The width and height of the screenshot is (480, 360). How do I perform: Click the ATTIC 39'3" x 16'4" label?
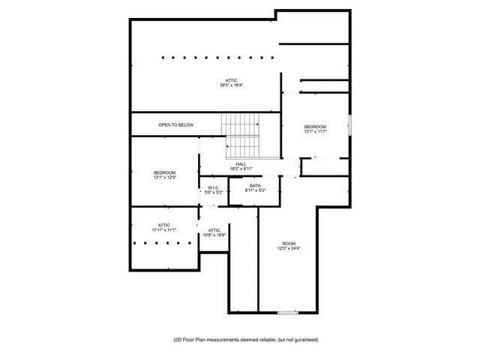click(x=232, y=82)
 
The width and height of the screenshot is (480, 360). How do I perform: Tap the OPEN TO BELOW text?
click(x=175, y=124)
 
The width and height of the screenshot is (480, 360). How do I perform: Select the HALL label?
click(x=241, y=164)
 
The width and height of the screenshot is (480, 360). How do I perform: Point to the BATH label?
click(x=256, y=186)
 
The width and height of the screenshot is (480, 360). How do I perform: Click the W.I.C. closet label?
click(x=213, y=188)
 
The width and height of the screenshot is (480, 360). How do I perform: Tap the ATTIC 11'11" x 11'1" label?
click(x=163, y=226)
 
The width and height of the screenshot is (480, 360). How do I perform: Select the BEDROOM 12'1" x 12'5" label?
click(x=165, y=175)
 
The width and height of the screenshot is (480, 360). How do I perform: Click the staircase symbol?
click(x=241, y=133)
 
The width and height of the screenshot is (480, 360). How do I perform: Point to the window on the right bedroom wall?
click(x=349, y=124)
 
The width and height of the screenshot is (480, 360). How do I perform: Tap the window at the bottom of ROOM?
click(x=287, y=312)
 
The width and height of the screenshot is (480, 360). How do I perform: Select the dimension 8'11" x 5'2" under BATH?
click(x=256, y=190)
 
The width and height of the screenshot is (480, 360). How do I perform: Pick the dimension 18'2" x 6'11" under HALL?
click(x=241, y=169)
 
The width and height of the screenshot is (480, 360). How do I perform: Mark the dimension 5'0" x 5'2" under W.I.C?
click(x=213, y=193)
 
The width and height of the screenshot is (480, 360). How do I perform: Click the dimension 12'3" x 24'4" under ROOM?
click(x=289, y=248)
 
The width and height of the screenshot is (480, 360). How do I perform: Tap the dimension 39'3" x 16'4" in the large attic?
click(x=232, y=85)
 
